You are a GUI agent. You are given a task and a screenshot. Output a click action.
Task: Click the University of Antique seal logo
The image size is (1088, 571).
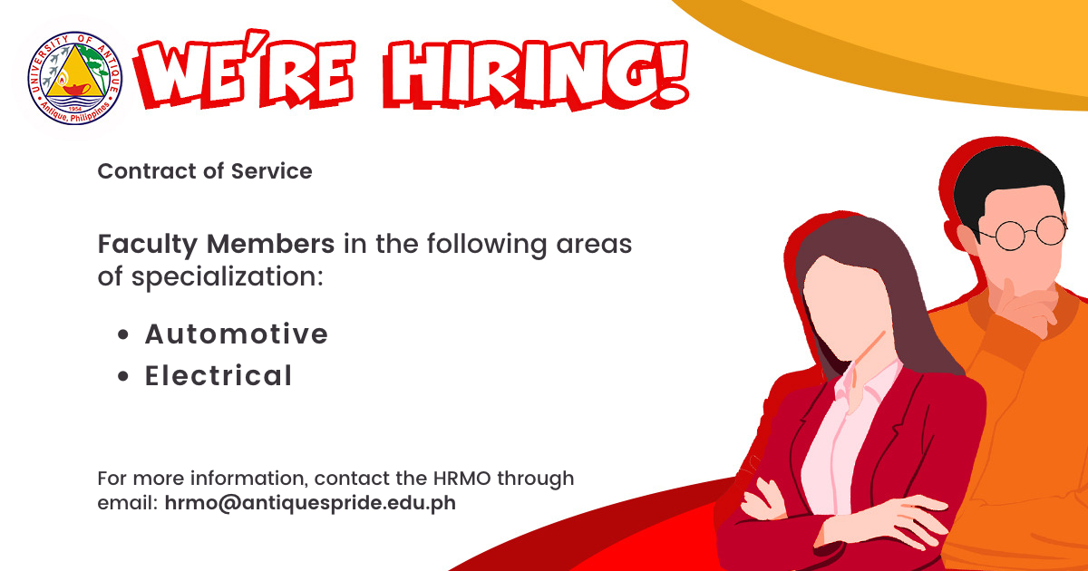tap(74, 78)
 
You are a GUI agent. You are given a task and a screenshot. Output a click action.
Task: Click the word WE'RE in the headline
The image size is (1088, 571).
tap(245, 71)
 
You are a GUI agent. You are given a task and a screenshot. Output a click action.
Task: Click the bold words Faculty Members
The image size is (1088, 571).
tap(216, 244)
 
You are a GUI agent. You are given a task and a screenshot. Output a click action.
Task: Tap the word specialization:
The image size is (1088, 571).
tap(228, 277)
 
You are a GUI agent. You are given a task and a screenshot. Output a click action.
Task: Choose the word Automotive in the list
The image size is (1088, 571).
tap(237, 334)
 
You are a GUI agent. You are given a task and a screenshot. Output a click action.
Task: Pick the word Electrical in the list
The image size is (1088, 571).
tap(219, 375)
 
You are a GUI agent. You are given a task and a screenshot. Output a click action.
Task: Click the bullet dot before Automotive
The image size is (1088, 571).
tap(123, 334)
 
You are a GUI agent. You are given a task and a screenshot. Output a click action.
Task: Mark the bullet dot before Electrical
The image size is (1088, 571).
tap(123, 376)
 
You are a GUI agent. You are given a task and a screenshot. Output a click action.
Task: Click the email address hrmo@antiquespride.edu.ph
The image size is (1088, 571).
tap(310, 503)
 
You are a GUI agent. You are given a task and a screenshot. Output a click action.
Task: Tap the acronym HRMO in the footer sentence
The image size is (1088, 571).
tap(461, 479)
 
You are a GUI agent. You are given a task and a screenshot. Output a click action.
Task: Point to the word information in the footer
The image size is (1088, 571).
tap(248, 479)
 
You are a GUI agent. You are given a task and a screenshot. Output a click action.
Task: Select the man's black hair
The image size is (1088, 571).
tap(1008, 182)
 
